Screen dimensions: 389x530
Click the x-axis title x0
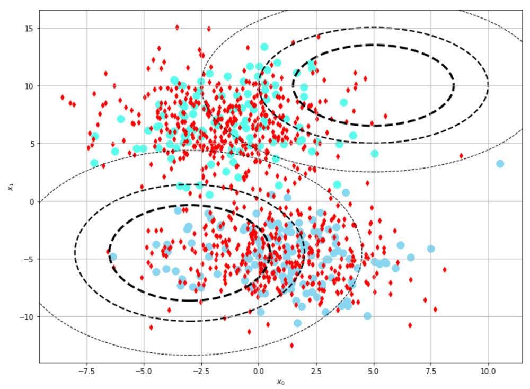click(281, 382)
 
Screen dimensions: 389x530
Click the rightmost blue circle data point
click(500, 164)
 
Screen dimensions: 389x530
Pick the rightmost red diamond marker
click(461, 156)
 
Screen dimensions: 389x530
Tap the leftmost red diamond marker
click(63, 98)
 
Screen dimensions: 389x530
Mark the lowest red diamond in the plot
click(291, 345)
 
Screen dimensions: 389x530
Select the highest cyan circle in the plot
click(264, 47)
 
